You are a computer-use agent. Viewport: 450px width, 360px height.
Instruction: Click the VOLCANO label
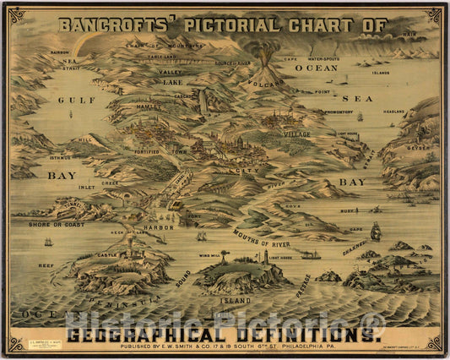[264, 84]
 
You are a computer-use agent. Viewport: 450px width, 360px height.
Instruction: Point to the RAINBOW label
[59, 52]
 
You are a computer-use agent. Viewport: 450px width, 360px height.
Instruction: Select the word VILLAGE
[295, 134]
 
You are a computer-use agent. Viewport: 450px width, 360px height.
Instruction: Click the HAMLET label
[149, 106]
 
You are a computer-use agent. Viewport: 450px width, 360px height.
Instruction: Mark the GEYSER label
[418, 146]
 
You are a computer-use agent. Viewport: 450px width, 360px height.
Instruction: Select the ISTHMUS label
[60, 157]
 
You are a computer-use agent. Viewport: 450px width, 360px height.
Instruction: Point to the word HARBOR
[158, 227]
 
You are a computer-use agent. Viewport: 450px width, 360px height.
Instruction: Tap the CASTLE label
[106, 254]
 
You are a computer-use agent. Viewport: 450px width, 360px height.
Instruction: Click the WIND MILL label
[209, 254]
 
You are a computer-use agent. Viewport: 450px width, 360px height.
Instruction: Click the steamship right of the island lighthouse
[311, 254]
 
